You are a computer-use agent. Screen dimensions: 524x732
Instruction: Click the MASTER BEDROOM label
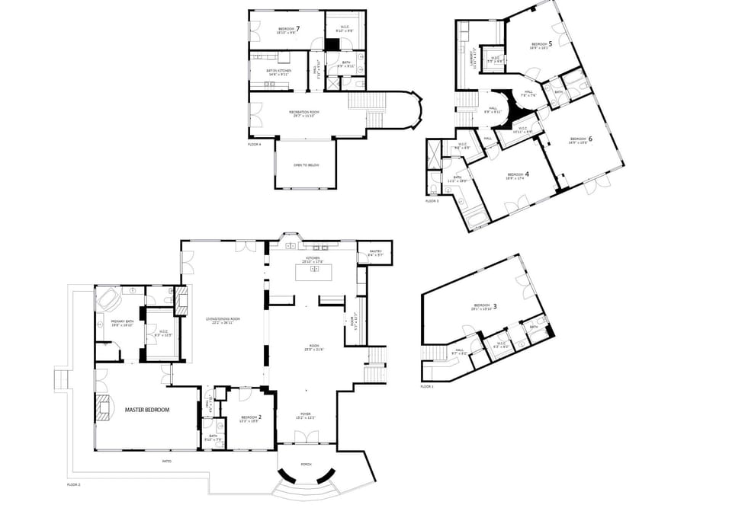pos(147,410)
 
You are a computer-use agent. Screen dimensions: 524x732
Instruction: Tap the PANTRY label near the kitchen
pos(375,251)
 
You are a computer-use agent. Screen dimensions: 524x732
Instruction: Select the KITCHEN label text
pos(313,258)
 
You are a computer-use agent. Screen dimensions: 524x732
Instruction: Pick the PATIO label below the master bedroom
pos(166,461)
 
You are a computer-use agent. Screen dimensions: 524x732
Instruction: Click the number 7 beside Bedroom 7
pos(297,30)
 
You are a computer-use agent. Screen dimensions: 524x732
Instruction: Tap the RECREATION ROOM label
pos(303,113)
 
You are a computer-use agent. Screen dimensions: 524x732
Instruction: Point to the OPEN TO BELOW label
pos(306,165)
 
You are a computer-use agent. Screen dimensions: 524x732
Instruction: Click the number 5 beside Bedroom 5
pos(550,43)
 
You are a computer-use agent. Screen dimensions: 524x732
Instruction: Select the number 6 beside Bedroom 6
pos(589,139)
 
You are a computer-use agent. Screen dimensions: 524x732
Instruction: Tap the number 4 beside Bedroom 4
pos(527,174)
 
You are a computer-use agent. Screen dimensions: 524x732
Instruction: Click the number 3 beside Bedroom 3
pos(495,306)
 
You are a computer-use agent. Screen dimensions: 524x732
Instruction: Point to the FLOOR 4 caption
pos(255,144)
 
